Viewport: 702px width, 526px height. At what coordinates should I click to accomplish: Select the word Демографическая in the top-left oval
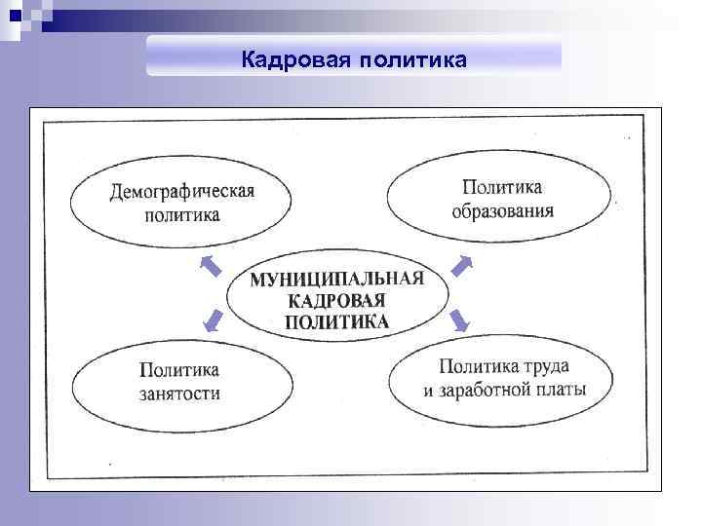pos(182,191)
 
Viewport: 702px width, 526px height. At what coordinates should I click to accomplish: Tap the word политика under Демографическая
pos(182,215)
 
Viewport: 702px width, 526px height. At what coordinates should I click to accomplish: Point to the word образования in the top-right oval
pos(502,210)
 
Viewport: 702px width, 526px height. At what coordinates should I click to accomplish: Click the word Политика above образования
pos(502,186)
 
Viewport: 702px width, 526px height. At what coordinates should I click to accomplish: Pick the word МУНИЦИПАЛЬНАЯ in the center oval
pos(337,280)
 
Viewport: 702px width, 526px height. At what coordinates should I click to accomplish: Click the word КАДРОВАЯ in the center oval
pos(337,301)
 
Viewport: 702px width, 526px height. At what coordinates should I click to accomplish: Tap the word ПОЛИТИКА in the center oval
pos(337,322)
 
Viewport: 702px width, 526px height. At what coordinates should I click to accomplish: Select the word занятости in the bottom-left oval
pos(179,394)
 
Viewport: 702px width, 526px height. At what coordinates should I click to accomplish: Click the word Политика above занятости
pos(179,370)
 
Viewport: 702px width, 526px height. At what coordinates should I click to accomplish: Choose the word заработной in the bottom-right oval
pos(489,391)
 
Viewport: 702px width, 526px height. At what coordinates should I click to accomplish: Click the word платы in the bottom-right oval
pos(561,391)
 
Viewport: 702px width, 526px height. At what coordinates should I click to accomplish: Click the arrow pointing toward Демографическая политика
pos(211,265)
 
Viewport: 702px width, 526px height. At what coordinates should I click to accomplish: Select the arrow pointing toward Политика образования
pos(463,265)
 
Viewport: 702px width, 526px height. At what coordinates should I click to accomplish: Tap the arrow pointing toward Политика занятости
pos(211,321)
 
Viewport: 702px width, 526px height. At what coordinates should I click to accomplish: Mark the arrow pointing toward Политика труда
pos(461,321)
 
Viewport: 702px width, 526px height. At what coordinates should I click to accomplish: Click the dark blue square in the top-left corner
pos(14,14)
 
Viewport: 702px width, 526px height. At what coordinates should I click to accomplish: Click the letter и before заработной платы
pos(428,392)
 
